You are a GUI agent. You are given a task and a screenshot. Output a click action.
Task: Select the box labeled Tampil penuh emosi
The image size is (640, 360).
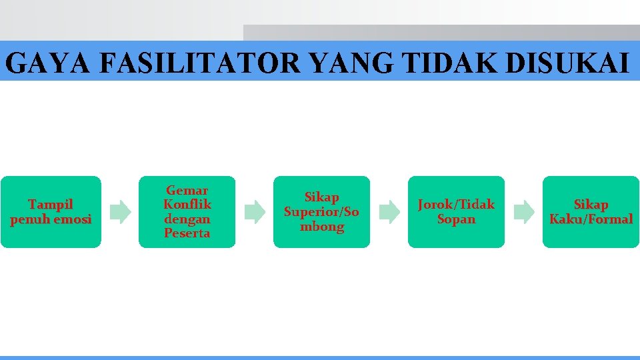tap(51, 212)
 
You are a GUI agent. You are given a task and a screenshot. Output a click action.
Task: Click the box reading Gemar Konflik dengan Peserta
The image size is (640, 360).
tap(187, 212)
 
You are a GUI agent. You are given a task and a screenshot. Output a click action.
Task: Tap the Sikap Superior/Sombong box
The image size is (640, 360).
tap(321, 212)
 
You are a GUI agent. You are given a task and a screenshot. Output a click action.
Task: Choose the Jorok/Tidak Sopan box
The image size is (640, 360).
tap(456, 212)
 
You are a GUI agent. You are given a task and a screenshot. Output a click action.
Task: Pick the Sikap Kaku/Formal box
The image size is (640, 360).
tap(591, 212)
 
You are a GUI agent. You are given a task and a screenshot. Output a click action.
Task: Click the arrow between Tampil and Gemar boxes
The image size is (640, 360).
tap(120, 212)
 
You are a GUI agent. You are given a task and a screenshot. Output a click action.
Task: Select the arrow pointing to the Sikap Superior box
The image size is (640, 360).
tap(254, 212)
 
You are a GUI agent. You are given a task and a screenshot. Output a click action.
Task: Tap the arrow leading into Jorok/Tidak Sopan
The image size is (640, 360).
tap(389, 212)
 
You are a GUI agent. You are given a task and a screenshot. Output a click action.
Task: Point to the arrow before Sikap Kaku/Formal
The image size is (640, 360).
tap(523, 212)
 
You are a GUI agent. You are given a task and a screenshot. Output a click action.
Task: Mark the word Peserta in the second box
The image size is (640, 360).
tap(187, 233)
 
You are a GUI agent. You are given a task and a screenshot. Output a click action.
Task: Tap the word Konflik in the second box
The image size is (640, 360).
tap(187, 205)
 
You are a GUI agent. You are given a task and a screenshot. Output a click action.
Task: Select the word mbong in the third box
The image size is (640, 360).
tap(321, 227)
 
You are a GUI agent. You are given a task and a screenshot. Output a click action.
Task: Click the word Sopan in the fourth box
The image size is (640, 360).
tap(456, 219)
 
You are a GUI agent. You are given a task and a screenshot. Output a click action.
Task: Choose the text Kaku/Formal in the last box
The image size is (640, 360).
tap(591, 219)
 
